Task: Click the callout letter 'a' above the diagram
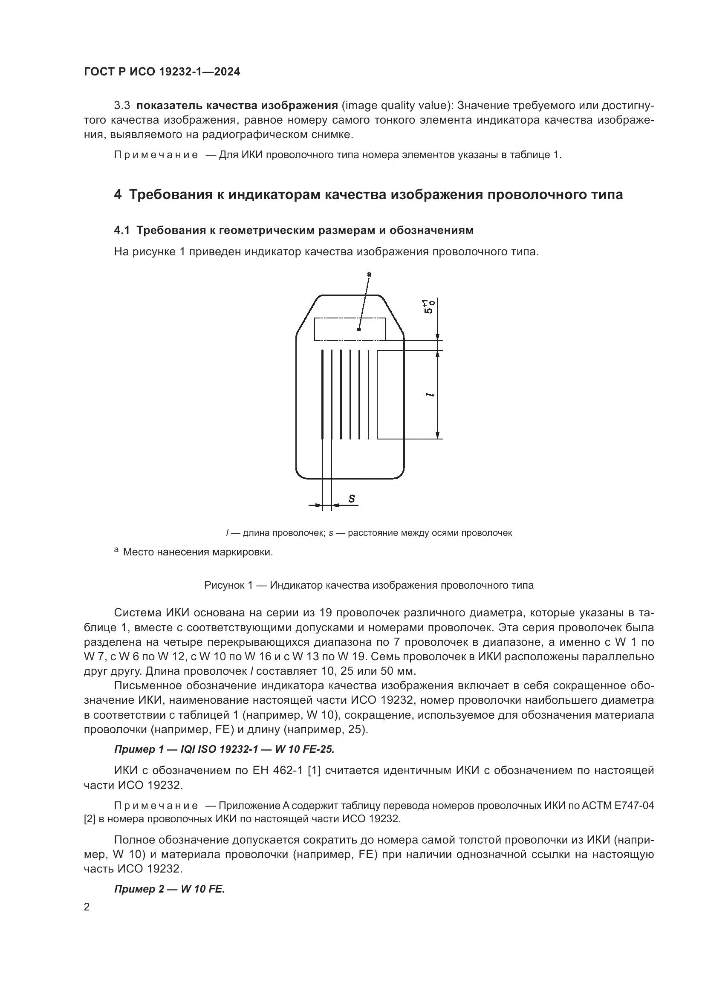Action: [x=369, y=274]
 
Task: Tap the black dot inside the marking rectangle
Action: [x=358, y=329]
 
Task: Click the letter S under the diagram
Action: [x=352, y=499]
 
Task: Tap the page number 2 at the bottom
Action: [x=87, y=907]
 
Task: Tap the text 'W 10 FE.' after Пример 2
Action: [x=203, y=889]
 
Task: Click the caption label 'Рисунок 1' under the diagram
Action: [x=228, y=585]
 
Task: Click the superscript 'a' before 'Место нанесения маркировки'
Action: [x=116, y=550]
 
